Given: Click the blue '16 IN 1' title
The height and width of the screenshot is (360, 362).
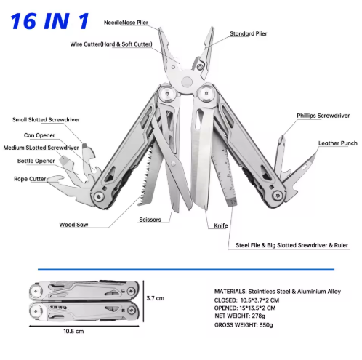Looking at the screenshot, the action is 50,21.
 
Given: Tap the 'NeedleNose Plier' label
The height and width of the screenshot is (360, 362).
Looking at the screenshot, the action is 126,23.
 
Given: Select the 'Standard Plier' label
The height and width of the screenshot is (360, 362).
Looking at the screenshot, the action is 249,33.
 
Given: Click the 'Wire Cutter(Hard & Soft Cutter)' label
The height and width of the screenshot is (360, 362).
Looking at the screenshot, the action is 111,44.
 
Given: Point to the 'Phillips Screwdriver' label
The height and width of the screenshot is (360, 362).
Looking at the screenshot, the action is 323,116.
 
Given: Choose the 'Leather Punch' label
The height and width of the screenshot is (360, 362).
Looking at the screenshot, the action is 338,143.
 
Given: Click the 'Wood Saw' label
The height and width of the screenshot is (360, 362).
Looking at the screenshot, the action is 73,225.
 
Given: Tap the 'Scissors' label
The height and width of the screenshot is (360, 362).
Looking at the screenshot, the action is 150,220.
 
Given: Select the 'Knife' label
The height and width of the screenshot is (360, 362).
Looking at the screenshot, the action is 221,225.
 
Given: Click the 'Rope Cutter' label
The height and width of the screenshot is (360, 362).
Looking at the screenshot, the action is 30,179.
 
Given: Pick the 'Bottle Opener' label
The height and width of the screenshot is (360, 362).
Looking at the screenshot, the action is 36,161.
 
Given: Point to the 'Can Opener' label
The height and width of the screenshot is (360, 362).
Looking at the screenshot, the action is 39,135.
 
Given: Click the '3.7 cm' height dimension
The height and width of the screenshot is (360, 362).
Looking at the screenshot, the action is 156,298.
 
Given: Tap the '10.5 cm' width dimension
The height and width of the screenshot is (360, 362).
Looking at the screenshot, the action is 73,331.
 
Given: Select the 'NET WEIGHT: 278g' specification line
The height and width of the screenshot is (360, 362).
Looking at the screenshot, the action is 240,316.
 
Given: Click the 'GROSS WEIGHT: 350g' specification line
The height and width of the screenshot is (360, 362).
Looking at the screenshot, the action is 244,325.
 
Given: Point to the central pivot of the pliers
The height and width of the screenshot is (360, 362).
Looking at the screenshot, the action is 187,81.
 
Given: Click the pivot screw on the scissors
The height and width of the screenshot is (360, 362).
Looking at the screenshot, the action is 174,164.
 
